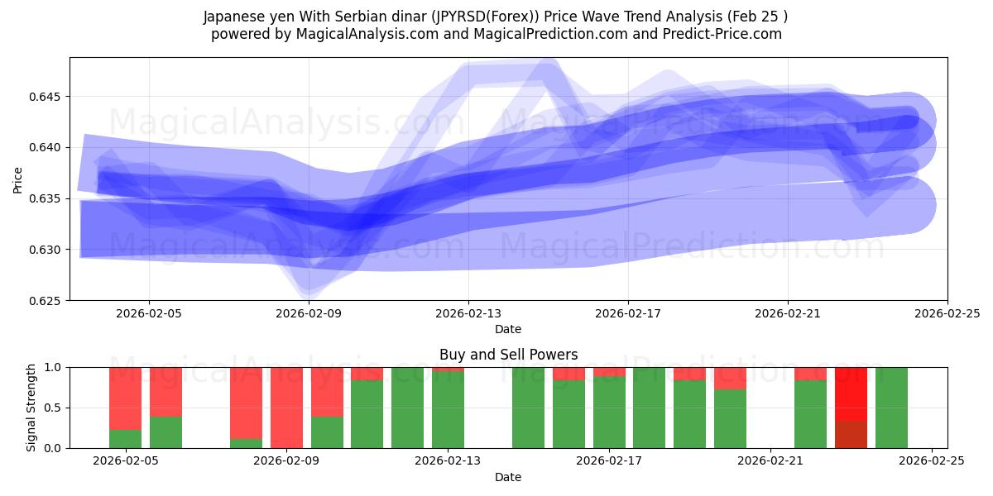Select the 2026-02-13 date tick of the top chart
coord(468,313)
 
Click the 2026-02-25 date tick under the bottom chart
coord(932,461)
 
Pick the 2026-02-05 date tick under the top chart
coord(149,313)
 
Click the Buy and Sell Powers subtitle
coord(508,355)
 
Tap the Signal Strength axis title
coord(31,408)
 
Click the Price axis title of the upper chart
coord(18,179)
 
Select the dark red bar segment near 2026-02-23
coord(851,434)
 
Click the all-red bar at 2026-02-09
coord(286,408)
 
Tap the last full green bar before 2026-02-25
coord(891,408)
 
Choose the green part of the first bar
coord(125,439)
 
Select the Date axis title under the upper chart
coord(508,329)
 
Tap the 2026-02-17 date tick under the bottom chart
coord(610,461)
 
